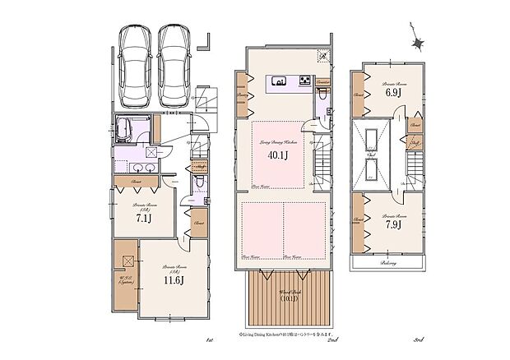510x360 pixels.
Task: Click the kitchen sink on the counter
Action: coord(278,81)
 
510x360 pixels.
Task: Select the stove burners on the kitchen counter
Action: coord(304,81)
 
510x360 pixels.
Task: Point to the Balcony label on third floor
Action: coord(389,263)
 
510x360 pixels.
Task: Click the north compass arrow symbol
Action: coord(417,44)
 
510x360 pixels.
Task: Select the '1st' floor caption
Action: coord(210,339)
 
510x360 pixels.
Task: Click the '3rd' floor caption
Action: coord(418,339)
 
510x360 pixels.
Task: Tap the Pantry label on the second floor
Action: coord(243,95)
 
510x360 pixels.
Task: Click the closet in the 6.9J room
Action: coord(358,94)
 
